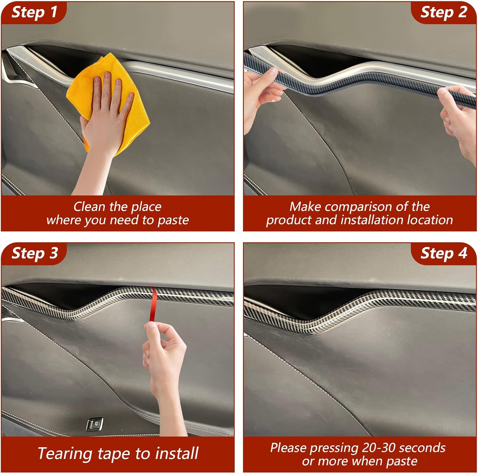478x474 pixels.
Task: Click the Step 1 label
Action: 34,12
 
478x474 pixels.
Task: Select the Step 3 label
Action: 34,253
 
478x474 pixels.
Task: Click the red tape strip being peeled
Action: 153,305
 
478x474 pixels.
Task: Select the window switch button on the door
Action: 95,424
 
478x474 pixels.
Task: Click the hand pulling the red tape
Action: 164,354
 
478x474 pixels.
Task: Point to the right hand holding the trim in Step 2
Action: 459,118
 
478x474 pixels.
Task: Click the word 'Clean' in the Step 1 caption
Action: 89,207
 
